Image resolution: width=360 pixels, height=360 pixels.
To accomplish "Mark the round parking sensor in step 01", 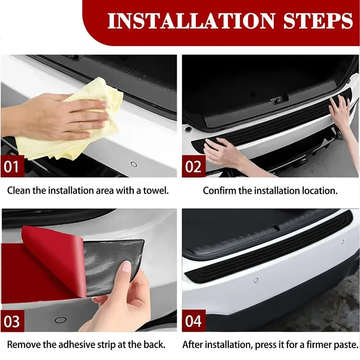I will tap(134, 164).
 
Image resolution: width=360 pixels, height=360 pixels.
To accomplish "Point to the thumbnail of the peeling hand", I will tap(126, 267).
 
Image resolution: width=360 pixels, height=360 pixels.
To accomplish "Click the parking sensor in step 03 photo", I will tap(60, 320).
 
